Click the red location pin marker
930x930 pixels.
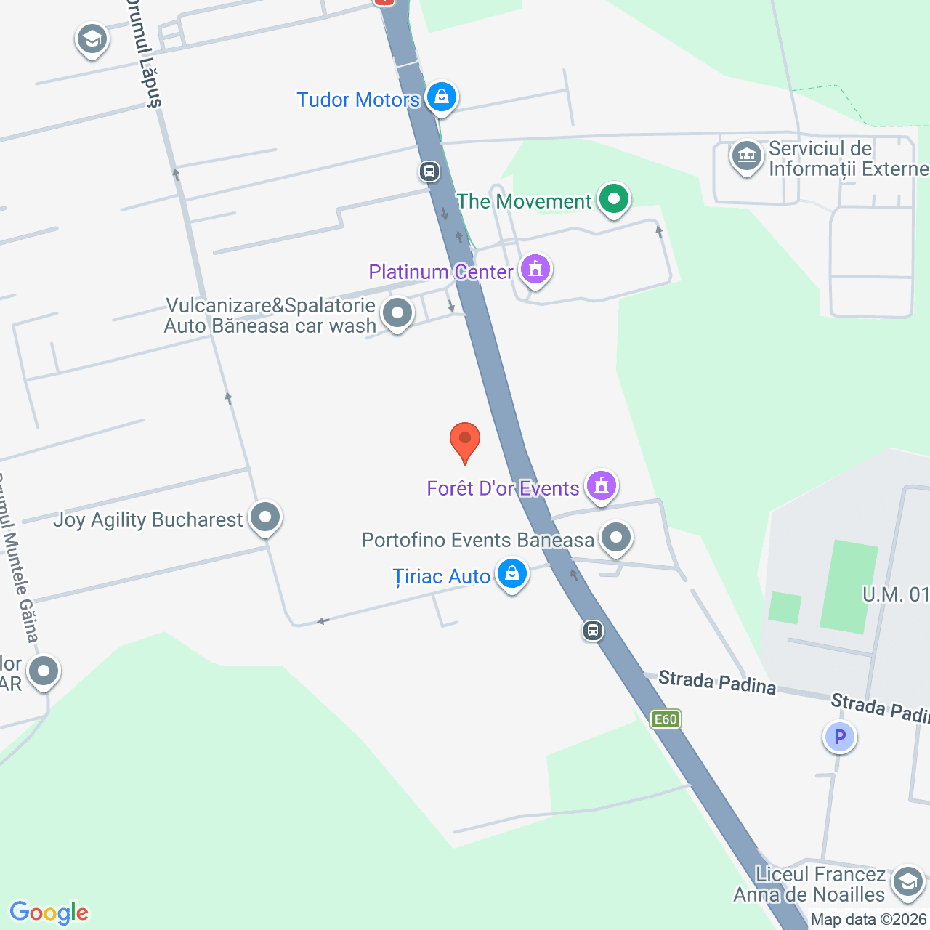465,440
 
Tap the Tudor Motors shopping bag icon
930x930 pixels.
441,97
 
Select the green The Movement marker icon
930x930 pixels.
614,198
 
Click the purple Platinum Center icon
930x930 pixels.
535,270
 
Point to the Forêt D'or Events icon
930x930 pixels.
602,485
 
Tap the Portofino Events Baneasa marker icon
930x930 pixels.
617,538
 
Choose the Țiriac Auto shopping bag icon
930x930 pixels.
512,574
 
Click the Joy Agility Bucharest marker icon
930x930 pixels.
265,517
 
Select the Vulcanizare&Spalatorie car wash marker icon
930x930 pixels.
397,314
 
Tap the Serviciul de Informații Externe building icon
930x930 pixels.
746,155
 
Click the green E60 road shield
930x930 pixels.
666,719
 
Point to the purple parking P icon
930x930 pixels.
840,737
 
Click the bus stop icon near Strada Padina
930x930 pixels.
593,630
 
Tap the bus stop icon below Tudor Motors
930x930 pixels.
429,172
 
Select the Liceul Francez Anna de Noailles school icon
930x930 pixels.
907,882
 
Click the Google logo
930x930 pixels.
49,913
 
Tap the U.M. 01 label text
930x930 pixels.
895,594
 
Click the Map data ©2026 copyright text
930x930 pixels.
869,919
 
